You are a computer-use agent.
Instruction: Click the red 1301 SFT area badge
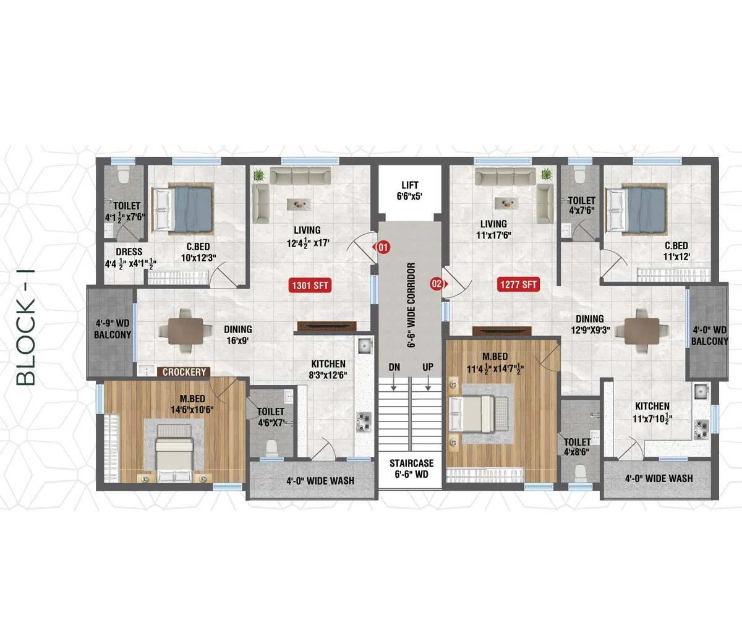tap(310, 285)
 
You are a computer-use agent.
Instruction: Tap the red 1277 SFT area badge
tap(519, 284)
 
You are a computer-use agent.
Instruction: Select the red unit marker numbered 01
tap(382, 247)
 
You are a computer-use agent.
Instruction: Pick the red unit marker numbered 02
tap(438, 284)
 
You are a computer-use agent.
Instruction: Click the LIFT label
tap(410, 185)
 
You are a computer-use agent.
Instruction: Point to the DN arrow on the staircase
tap(393, 383)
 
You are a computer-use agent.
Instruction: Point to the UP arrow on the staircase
tap(429, 383)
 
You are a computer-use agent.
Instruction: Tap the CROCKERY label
tap(184, 372)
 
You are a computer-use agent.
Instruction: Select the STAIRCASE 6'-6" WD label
tap(412, 468)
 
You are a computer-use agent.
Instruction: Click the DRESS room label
tap(129, 252)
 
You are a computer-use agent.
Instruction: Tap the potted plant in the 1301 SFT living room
tap(259, 175)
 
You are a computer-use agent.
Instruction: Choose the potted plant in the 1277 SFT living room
tap(545, 174)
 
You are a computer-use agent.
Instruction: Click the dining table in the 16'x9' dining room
tap(185, 331)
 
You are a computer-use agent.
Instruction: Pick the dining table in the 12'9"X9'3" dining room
tap(642, 331)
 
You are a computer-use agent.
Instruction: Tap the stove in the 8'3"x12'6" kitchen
tap(364, 421)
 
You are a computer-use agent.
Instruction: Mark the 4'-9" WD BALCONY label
tap(113, 329)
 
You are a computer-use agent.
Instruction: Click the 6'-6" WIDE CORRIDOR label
tap(411, 305)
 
